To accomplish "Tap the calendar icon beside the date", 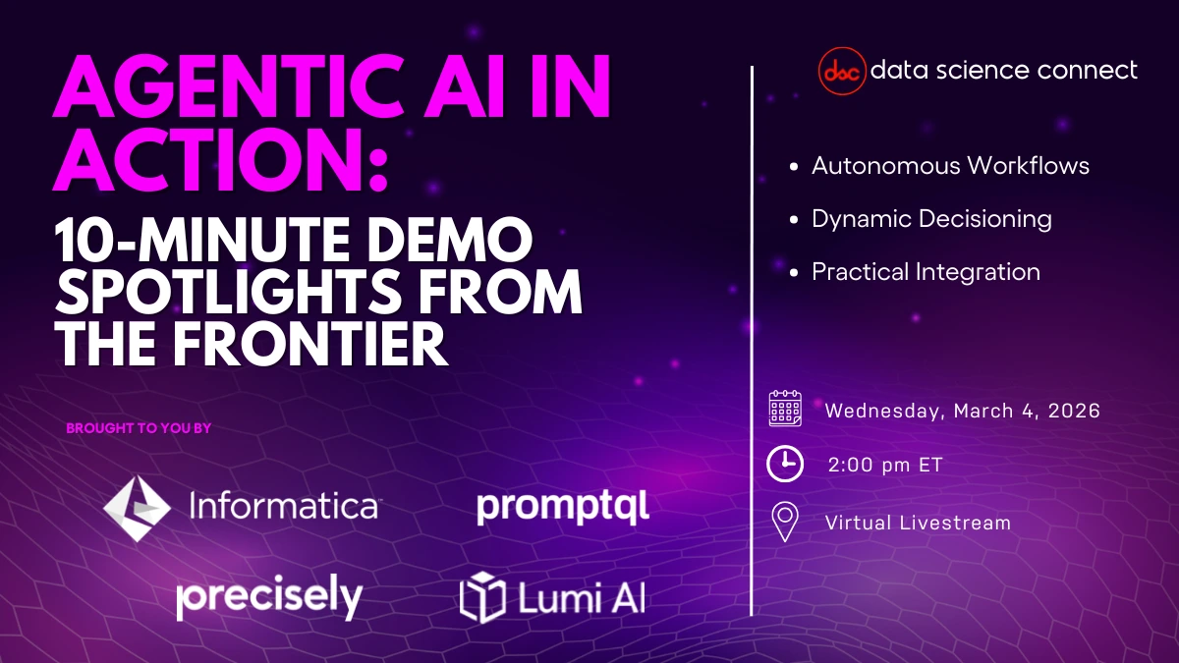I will click(x=785, y=408).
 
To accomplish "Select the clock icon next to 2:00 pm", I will click(x=785, y=465).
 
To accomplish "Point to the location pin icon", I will click(x=784, y=523).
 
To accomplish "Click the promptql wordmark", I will click(x=562, y=509).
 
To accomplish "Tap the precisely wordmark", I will click(x=269, y=597).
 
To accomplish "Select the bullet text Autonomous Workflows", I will click(x=950, y=165).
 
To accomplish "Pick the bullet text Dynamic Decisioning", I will click(x=931, y=219).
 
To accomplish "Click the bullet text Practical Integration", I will click(x=926, y=272).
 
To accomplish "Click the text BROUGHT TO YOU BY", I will click(x=139, y=428).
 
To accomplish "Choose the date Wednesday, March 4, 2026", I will click(x=962, y=411).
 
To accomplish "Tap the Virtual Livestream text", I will click(x=918, y=523).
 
